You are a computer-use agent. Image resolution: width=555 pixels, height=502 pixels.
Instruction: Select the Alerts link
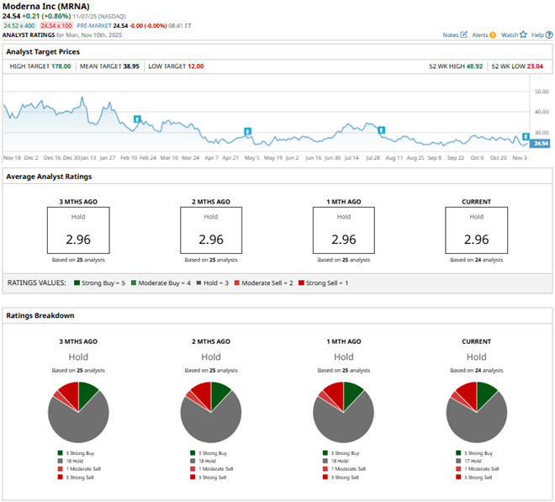tap(484, 34)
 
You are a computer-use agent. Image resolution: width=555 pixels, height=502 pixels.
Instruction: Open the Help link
tap(540, 34)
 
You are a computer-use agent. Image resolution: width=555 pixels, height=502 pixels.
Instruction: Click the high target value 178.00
tap(56, 66)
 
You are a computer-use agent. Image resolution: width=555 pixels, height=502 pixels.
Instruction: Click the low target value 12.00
tap(194, 66)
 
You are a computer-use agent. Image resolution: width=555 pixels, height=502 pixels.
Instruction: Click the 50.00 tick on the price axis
tap(541, 91)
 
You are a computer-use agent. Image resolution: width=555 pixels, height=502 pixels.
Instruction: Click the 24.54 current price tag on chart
tap(540, 144)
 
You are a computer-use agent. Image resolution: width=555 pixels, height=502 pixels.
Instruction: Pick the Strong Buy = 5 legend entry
tap(100, 283)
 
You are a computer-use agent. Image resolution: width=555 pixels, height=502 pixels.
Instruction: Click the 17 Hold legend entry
tap(473, 461)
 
